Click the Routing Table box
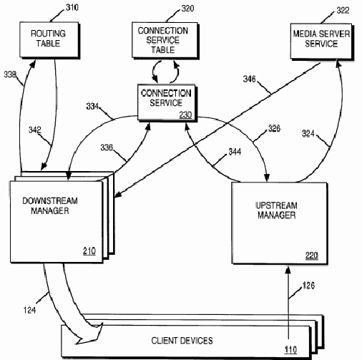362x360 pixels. click(49, 39)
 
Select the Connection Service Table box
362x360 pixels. click(165, 40)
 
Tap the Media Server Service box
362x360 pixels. click(321, 41)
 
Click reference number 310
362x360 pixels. click(72, 8)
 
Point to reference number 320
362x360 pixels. click(187, 9)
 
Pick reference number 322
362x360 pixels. click(343, 10)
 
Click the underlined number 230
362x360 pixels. click(185, 115)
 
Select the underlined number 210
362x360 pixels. click(89, 251)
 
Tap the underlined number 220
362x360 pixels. click(312, 256)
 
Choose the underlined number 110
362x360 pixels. click(290, 350)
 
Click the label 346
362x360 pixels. click(249, 79)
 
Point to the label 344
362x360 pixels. click(235, 152)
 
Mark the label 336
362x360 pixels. click(107, 147)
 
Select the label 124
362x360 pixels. click(29, 310)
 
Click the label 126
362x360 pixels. click(308, 286)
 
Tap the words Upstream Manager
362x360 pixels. click(276, 210)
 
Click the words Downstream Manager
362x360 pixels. click(50, 205)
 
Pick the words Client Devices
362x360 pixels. click(182, 341)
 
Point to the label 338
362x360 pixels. click(10, 74)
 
